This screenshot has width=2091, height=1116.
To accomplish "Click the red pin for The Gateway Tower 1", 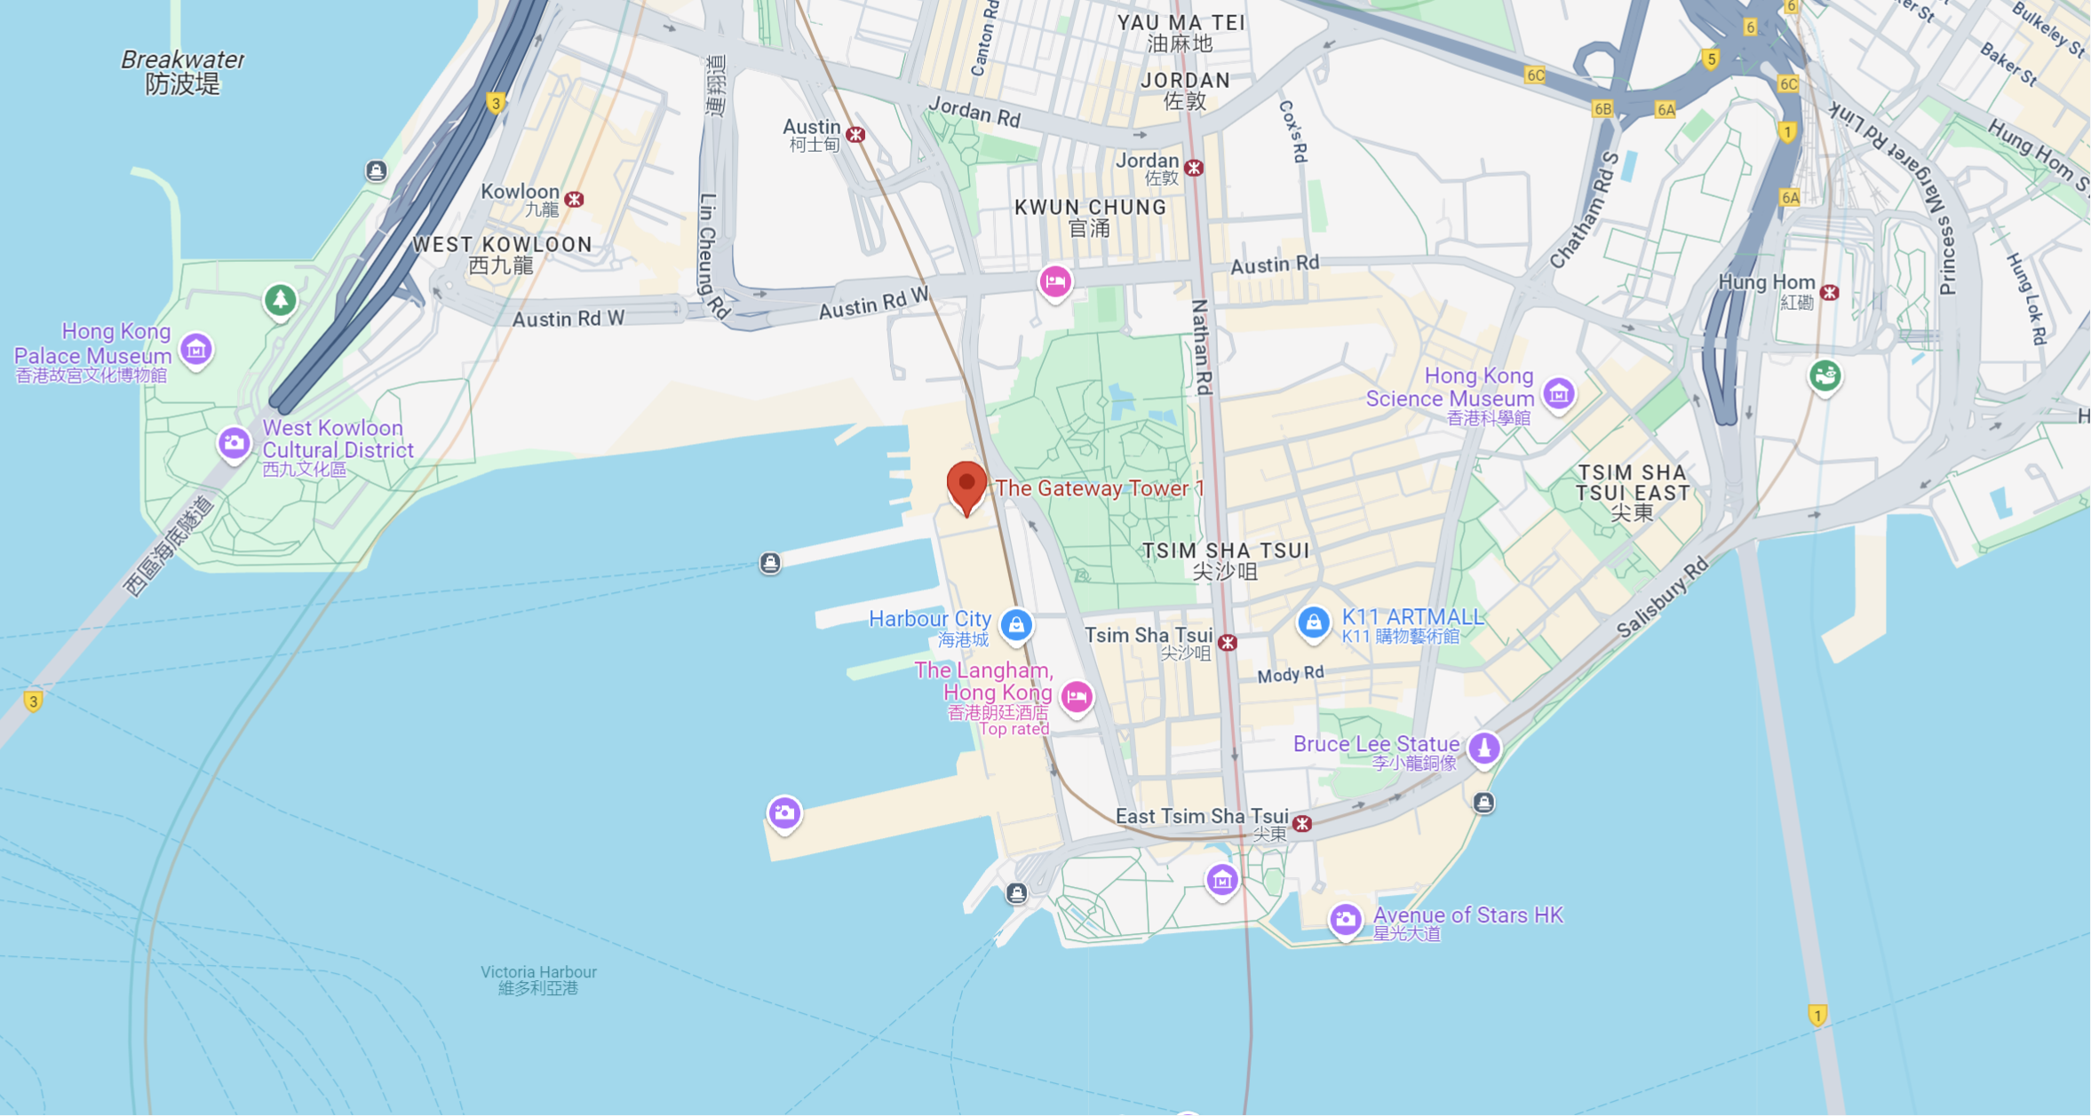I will click(x=966, y=485).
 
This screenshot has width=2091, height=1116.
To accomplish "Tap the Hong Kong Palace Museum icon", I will click(x=196, y=349).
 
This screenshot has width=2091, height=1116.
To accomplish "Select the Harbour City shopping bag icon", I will click(x=1016, y=625).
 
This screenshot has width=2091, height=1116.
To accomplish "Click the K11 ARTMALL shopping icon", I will click(x=1313, y=622).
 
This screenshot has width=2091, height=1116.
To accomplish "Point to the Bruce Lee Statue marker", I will click(x=1483, y=748).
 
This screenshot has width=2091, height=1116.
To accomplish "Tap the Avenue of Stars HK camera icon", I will click(x=1345, y=919).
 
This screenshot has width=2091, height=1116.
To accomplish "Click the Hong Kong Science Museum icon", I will click(x=1558, y=392).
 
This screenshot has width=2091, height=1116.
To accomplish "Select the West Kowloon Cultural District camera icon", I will click(x=235, y=442).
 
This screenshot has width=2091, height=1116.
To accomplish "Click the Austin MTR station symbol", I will click(x=855, y=134).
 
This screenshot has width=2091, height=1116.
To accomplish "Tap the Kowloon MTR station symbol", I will click(x=575, y=199).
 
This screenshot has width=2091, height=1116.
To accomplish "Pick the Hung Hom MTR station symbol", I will click(x=1829, y=292).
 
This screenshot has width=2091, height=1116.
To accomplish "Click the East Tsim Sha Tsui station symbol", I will click(x=1302, y=824).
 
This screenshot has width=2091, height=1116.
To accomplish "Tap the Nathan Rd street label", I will click(x=1201, y=346).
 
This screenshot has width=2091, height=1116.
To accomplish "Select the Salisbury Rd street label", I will click(x=1662, y=597).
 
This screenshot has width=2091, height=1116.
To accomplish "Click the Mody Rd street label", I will click(x=1290, y=675).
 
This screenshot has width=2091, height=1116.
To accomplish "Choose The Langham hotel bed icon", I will click(x=1077, y=696).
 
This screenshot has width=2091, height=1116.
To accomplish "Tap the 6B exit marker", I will click(x=1602, y=109).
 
